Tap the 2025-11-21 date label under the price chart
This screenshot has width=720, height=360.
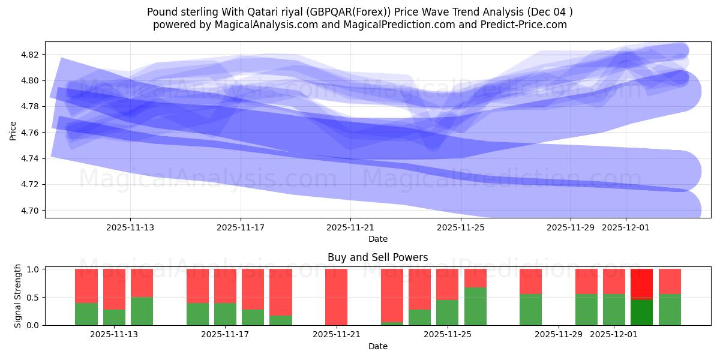coord(350,227)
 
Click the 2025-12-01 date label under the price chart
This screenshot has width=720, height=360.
coord(626,227)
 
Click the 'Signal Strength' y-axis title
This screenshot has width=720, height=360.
coord(18,296)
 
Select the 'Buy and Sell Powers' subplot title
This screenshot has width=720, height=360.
coord(377,257)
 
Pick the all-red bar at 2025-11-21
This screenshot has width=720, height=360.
coord(336,297)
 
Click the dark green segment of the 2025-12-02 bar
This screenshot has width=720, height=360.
coord(641,312)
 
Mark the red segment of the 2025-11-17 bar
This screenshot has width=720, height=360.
coord(225,286)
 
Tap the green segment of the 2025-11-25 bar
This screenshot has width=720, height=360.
coord(447,312)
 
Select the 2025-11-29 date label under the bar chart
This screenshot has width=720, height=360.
coord(558,334)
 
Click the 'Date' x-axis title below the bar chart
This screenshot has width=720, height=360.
coord(377,346)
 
